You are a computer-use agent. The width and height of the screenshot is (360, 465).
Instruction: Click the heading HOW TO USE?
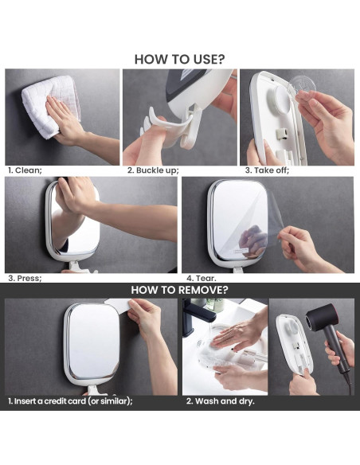pos(180,59)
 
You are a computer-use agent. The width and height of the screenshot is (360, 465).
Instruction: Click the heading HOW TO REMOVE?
pos(180,290)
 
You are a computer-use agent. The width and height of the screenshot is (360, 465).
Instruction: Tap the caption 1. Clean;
pos(25,170)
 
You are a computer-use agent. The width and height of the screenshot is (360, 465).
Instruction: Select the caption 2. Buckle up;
pos(153,170)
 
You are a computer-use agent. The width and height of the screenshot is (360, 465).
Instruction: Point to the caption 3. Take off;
pos(267,170)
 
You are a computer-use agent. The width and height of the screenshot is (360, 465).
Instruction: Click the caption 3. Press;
pos(25,279)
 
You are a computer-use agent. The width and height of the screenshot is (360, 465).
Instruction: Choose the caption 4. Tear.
pos(202,279)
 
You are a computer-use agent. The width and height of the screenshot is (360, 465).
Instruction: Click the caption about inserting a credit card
pos(70,401)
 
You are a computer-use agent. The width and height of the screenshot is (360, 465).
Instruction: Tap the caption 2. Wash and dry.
pos(221,401)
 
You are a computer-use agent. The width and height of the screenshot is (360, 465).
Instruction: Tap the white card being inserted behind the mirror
pos(118,304)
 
